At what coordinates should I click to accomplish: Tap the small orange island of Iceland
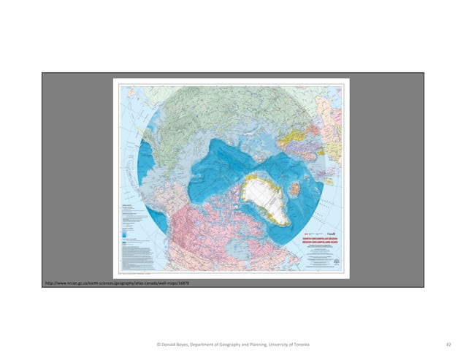click(300, 189)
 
